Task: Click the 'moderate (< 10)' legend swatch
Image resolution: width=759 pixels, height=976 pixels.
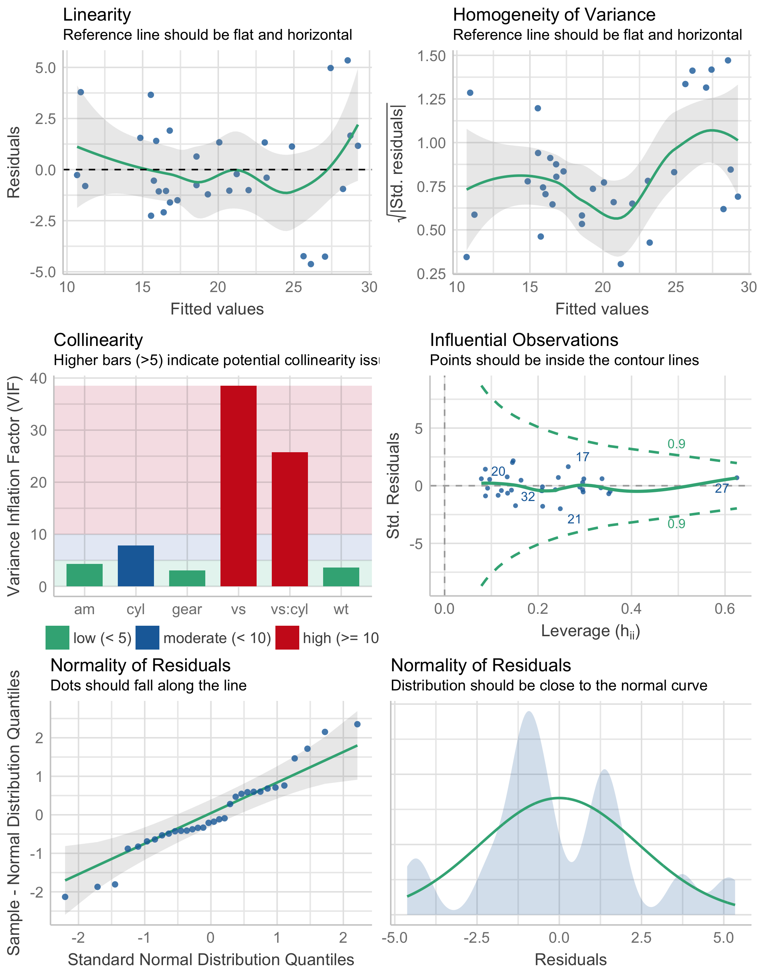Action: coord(147,638)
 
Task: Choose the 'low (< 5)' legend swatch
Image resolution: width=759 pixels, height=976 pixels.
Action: coord(57,638)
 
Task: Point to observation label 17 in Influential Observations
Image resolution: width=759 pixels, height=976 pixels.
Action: coord(583,457)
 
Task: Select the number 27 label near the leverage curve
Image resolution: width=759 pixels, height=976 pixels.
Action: coord(722,488)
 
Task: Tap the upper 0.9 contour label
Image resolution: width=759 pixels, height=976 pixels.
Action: coord(676,444)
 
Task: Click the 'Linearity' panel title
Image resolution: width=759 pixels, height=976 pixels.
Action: coord(97,15)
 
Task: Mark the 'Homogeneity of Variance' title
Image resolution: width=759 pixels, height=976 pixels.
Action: coord(554,15)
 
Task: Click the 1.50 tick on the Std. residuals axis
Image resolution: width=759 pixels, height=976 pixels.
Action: coord(431,56)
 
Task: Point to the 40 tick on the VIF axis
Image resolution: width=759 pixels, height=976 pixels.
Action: coord(38,378)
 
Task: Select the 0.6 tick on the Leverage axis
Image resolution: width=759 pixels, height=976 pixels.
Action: coord(725,609)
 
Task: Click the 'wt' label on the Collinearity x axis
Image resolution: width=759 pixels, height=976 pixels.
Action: coord(341,609)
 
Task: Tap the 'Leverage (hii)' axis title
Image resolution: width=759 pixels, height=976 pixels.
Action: coord(590,631)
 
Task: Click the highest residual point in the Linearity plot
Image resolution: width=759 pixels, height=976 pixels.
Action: coord(348,60)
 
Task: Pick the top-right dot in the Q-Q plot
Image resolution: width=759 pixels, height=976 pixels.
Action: coord(357,724)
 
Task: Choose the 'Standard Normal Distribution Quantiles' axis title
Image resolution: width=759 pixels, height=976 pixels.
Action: coord(211,959)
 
